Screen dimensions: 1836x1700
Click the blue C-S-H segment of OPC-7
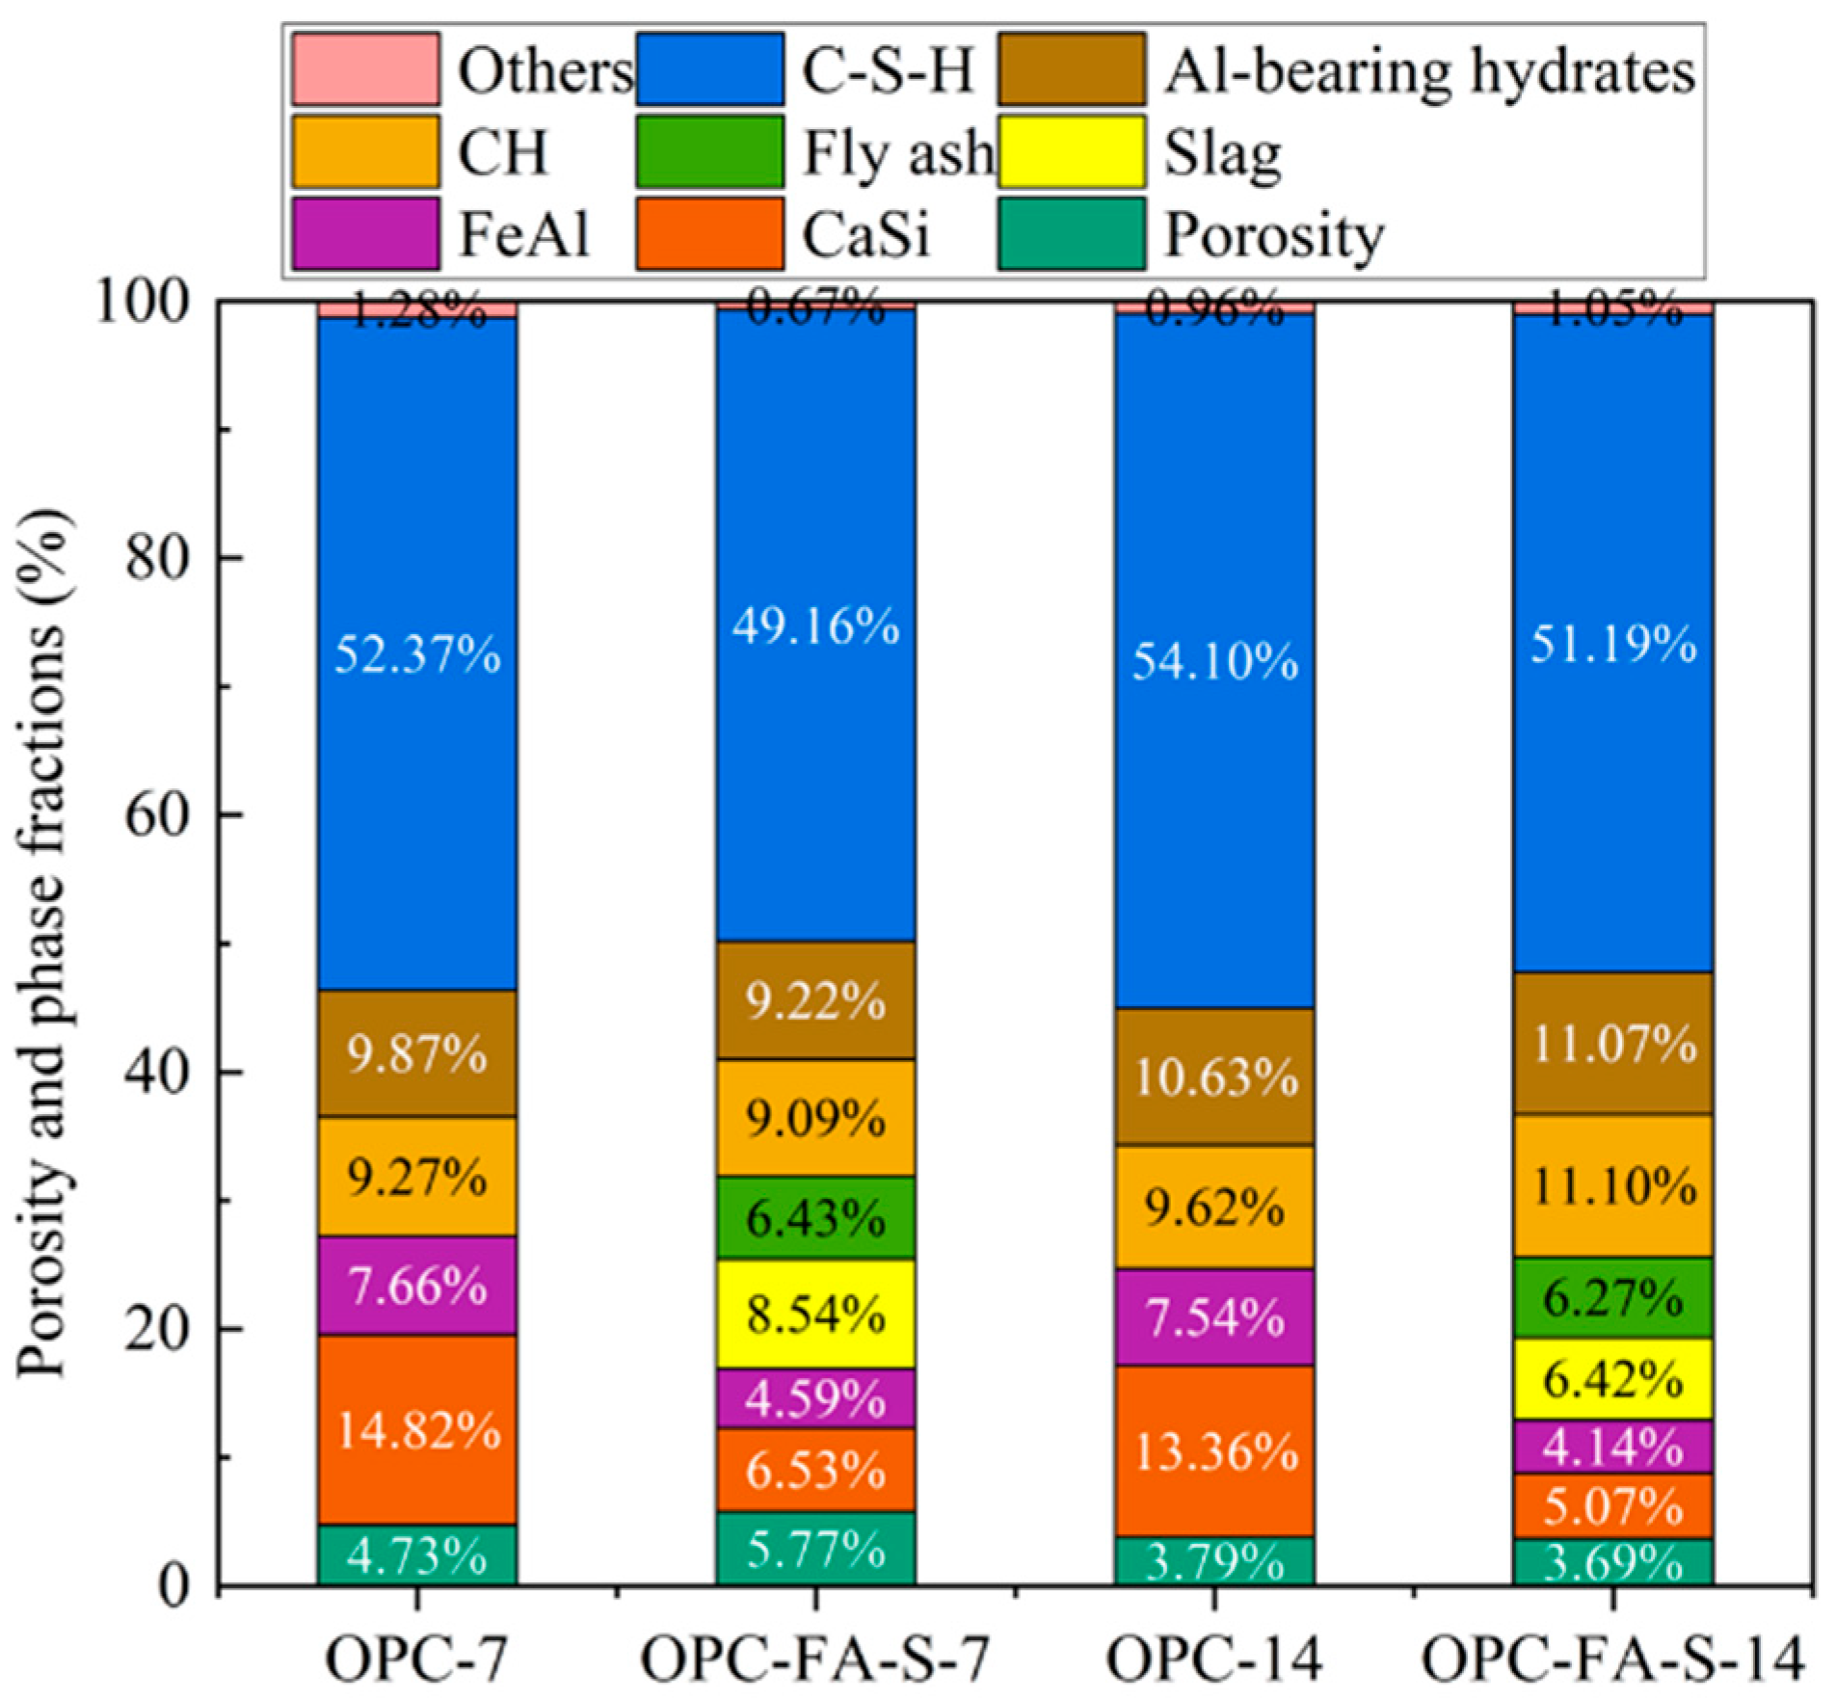pyautogui.click(x=416, y=653)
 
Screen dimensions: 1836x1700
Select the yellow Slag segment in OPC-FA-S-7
pyautogui.click(x=815, y=1314)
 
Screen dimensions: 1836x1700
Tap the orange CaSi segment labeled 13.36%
pyautogui.click(x=1214, y=1450)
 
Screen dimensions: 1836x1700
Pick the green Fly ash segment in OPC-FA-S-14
pyautogui.click(x=1613, y=1297)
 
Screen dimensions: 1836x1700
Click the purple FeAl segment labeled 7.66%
pyautogui.click(x=416, y=1285)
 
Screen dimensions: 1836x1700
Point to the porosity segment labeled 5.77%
pyautogui.click(x=815, y=1548)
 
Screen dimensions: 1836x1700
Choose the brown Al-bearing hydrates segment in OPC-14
pyautogui.click(x=1214, y=1076)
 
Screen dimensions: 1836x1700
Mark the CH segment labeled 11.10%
pyautogui.click(x=1613, y=1185)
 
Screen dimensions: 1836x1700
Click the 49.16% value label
pyautogui.click(x=815, y=627)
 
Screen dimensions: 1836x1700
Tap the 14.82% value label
pyautogui.click(x=418, y=1431)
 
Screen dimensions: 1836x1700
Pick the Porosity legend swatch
pyautogui.click(x=1072, y=233)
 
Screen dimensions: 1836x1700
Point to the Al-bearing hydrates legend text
pyautogui.click(x=1429, y=71)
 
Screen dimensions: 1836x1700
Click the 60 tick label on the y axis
pyautogui.click(x=156, y=814)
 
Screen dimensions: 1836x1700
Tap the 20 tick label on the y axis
pyautogui.click(x=156, y=1328)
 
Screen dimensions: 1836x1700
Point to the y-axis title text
pyautogui.click(x=43, y=943)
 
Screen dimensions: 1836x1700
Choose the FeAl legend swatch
pyautogui.click(x=366, y=233)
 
